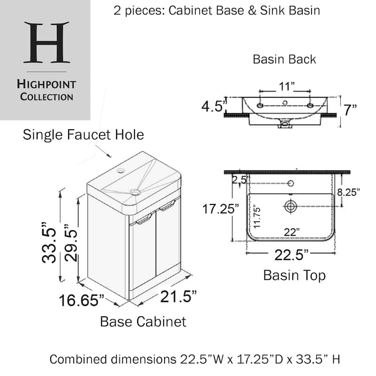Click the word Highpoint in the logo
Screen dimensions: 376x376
47,85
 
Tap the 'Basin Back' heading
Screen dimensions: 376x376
284,59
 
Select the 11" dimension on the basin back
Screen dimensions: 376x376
286,86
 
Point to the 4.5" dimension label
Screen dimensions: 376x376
214,106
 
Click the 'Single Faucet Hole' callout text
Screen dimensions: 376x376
83,134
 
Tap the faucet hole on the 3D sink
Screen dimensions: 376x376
121,171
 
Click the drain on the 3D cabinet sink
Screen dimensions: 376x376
135,192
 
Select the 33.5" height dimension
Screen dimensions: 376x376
49,243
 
